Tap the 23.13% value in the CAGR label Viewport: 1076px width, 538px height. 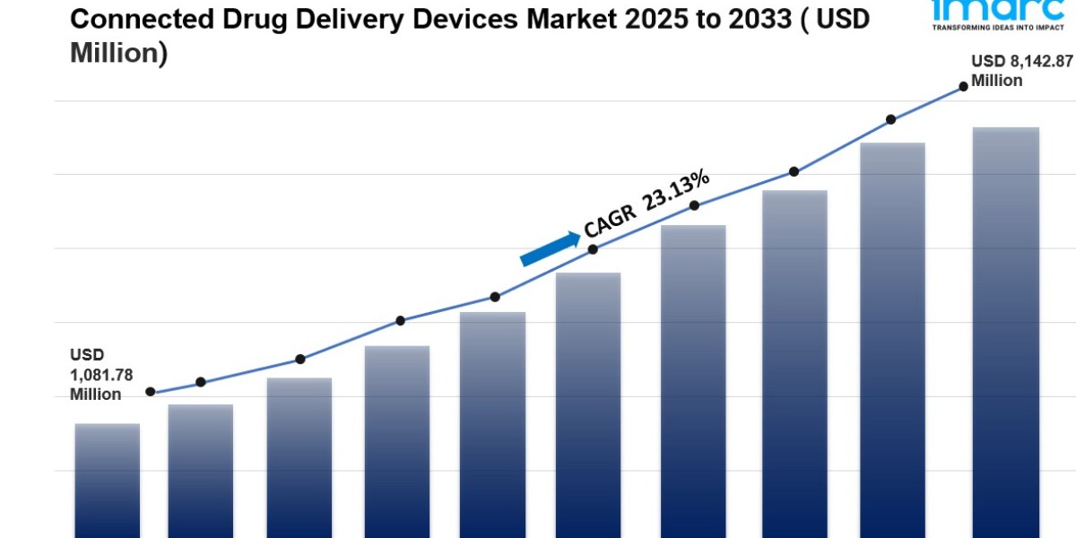[676, 191]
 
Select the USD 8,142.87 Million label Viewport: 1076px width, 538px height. [1009, 71]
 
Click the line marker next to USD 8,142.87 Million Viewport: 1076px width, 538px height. [963, 86]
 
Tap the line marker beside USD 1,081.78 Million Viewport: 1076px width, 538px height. [150, 392]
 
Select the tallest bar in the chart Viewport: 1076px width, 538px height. [1005, 332]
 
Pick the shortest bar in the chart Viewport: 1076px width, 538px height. [108, 480]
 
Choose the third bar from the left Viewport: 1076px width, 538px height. [299, 457]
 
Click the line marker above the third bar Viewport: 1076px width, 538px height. [300, 359]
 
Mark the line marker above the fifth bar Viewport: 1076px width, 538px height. [494, 297]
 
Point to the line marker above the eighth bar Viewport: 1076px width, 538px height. [794, 171]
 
